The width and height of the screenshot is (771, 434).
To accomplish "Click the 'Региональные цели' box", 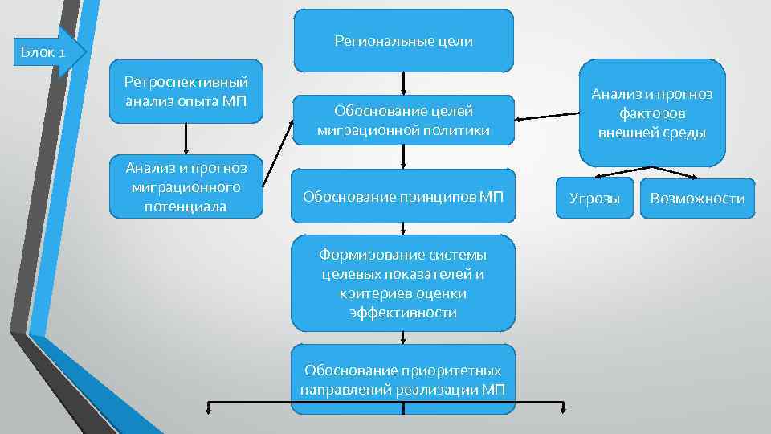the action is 402,40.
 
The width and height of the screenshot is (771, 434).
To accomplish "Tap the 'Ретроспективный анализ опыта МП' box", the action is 186,91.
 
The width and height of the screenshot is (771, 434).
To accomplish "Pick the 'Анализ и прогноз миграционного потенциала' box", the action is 186,186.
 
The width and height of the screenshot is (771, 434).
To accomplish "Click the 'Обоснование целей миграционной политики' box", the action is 402,120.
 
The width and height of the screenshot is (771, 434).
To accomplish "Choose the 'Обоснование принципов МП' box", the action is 402,195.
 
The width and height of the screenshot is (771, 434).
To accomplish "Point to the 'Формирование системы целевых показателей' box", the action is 402,283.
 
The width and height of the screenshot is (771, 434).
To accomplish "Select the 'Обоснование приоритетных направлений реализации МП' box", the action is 402,379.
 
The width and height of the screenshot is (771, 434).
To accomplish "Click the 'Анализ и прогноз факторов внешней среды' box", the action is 651,113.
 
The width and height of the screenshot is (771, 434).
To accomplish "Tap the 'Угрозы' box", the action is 594,198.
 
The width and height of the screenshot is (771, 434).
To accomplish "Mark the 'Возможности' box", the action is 697,198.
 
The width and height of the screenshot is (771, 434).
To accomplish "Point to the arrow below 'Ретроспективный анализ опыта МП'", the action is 186,138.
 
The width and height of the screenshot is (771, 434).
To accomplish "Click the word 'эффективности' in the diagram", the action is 402,313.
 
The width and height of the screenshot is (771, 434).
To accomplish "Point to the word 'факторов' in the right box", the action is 651,113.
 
